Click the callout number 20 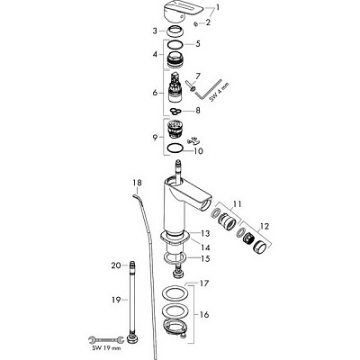click(x=115, y=265)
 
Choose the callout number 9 click(x=154, y=137)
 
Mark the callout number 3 click(x=154, y=31)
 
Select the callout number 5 click(x=200, y=42)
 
